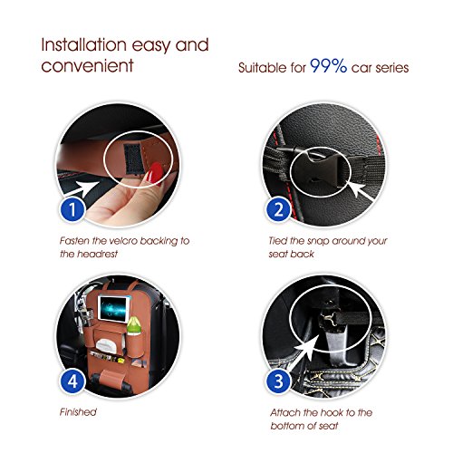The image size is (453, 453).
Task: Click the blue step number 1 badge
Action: [72, 209]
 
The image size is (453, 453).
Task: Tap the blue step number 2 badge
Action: [279, 209]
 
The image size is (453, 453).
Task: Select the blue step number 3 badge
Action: [279, 381]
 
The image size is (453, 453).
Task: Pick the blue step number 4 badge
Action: [72, 381]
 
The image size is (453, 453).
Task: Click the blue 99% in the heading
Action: [328, 65]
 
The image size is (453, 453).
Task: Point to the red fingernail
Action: [155, 173]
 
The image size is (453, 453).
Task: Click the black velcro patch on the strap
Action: [133, 159]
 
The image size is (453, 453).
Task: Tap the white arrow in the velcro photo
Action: [83, 189]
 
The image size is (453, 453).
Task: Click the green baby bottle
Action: [133, 325]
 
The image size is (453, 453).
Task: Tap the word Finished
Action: [78, 412]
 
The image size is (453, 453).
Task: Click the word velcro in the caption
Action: [123, 241]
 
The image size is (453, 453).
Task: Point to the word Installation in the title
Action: [83, 45]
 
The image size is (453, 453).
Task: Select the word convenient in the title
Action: [87, 66]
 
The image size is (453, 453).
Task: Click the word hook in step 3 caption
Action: [332, 412]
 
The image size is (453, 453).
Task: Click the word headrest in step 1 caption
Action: [97, 254]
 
